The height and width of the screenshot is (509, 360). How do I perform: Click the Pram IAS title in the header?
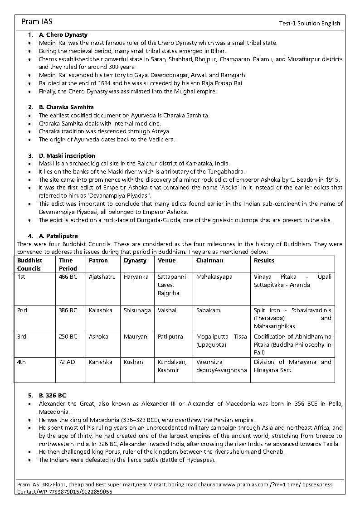click(x=37, y=22)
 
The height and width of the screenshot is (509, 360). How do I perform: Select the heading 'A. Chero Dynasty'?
click(x=63, y=34)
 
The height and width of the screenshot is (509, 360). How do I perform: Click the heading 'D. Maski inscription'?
click(x=67, y=155)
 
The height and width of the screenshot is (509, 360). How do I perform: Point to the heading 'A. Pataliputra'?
click(x=58, y=236)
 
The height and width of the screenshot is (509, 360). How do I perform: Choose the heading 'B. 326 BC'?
click(x=53, y=395)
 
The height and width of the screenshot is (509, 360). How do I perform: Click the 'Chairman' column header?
click(x=209, y=261)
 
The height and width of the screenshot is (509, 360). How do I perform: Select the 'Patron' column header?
click(x=98, y=261)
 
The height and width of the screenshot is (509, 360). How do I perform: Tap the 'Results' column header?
click(x=264, y=261)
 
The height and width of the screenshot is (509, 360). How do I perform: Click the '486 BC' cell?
click(x=68, y=277)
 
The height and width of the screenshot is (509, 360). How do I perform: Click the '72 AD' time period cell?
click(x=67, y=362)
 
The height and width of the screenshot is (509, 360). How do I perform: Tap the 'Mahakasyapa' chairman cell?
click(x=214, y=277)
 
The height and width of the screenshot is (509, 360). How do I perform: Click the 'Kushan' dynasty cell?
click(x=133, y=362)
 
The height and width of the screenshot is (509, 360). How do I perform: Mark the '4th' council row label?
click(x=22, y=362)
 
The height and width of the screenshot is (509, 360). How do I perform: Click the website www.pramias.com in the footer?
click(x=246, y=485)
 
